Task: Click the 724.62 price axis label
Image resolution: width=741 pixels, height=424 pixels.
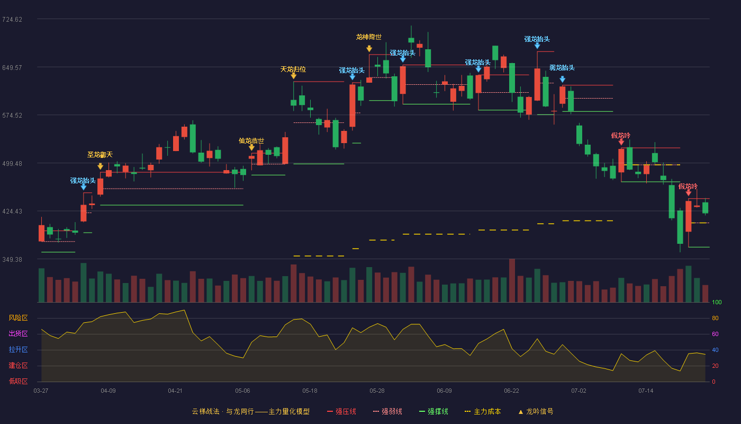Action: (12, 20)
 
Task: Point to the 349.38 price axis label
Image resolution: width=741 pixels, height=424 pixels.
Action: (12, 259)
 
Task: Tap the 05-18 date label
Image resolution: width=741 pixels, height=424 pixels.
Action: (310, 391)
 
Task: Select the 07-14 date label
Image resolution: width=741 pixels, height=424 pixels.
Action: (646, 391)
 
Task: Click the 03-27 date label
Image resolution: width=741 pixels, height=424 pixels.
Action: (41, 391)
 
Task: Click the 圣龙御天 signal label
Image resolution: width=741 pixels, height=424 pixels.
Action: (100, 155)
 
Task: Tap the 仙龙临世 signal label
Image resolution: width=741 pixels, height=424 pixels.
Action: (251, 141)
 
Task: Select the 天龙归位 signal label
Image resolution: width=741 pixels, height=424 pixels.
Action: (293, 69)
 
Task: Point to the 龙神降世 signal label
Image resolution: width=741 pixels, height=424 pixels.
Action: (369, 37)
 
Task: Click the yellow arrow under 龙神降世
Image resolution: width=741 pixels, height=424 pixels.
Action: (369, 49)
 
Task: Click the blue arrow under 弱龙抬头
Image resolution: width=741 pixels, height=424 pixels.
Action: (562, 79)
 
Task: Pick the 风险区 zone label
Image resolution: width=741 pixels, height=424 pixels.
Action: (18, 318)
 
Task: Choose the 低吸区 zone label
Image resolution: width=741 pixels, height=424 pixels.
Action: (18, 382)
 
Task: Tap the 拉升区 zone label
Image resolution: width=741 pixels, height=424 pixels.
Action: (18, 350)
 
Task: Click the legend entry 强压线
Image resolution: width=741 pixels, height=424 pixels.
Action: (342, 411)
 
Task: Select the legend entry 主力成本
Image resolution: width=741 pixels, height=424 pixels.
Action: (483, 411)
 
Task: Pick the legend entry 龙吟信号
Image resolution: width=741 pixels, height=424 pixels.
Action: (536, 411)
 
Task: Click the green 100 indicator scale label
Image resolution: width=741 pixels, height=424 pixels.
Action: (717, 302)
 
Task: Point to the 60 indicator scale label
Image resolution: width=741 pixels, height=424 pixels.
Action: (715, 334)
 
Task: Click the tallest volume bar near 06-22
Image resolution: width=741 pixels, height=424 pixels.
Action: (512, 280)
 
